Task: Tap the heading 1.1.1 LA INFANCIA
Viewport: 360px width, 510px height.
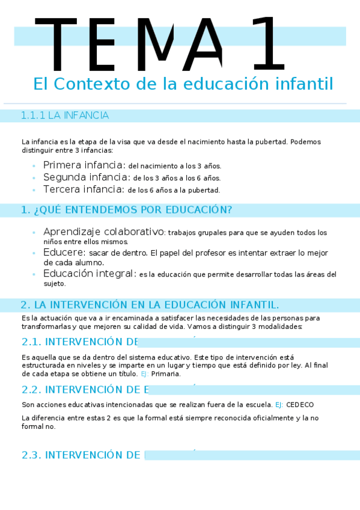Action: (64, 115)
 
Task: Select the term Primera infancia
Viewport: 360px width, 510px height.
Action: (84, 165)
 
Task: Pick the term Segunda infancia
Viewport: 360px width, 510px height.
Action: (86, 177)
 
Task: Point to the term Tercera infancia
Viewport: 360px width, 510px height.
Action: (83, 189)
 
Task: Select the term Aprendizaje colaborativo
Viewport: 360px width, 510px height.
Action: (103, 232)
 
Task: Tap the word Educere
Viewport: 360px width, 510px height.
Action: (64, 252)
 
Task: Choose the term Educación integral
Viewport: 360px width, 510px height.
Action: (89, 274)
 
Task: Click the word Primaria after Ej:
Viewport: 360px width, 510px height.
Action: (166, 373)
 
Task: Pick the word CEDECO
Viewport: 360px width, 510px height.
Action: (299, 405)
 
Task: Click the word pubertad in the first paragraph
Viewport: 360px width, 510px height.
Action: (273, 142)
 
